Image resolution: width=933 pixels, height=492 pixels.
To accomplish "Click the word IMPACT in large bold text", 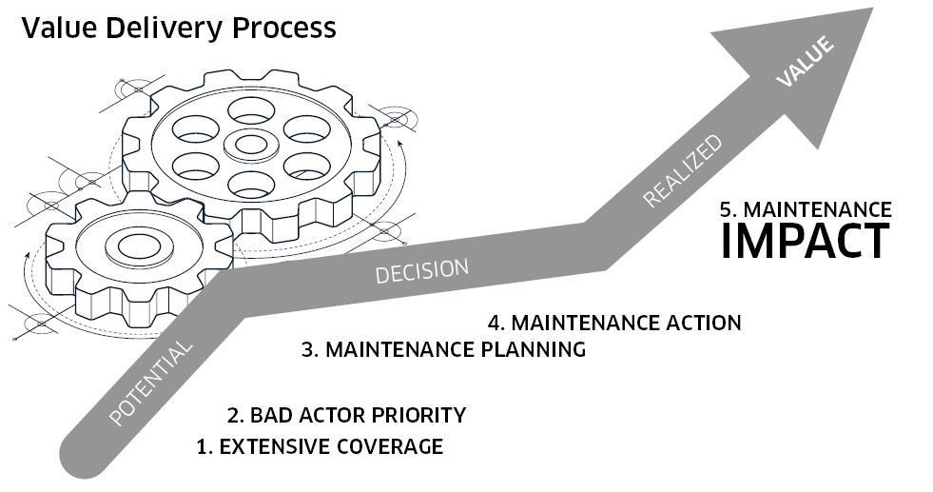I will pyautogui.click(x=805, y=241).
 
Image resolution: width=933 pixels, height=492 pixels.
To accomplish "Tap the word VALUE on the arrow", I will pyautogui.click(x=806, y=62).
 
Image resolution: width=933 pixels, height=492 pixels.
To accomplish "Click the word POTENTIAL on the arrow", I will pyautogui.click(x=152, y=382).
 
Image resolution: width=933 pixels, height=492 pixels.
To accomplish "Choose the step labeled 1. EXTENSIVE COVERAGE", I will pyautogui.click(x=320, y=446).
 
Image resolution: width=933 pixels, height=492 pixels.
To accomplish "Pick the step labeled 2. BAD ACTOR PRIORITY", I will pyautogui.click(x=347, y=415).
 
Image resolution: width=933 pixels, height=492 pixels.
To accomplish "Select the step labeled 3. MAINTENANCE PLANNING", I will pyautogui.click(x=443, y=349).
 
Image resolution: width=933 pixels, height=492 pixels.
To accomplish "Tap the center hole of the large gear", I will pyautogui.click(x=250, y=144).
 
